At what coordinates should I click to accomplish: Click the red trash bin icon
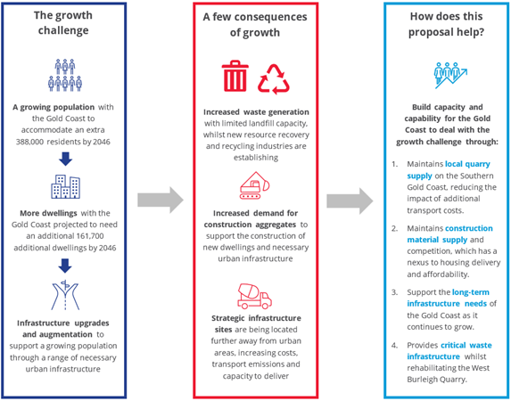(x=235, y=76)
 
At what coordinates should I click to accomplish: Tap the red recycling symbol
(x=274, y=79)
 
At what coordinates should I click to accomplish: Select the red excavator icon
(x=255, y=185)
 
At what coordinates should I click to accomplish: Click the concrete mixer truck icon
(x=254, y=296)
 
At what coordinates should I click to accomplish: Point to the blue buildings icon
(x=65, y=186)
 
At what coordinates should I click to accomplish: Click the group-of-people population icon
(x=65, y=75)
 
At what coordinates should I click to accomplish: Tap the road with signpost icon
(x=65, y=295)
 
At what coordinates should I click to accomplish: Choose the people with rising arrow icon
(x=450, y=75)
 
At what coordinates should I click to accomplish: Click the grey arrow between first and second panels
(x=161, y=200)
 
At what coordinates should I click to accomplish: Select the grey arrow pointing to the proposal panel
(x=350, y=200)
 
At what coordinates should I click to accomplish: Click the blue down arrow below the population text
(x=65, y=159)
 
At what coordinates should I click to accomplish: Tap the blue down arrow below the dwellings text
(x=65, y=266)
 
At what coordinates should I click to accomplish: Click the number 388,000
(x=29, y=142)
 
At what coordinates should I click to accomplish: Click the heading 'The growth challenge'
(x=63, y=22)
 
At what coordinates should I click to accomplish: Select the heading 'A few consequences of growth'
(x=255, y=24)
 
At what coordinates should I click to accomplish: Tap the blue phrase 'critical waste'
(x=466, y=345)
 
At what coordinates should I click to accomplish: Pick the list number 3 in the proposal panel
(x=395, y=292)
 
